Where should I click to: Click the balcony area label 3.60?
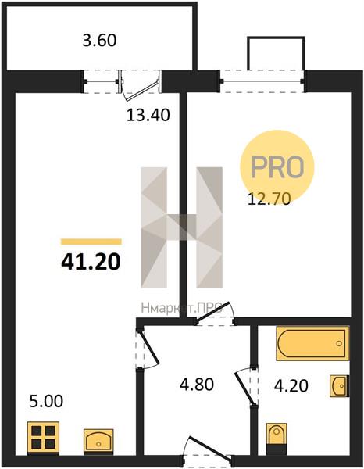pos(99,41)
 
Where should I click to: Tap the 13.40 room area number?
pos(148,115)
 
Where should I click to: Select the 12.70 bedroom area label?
pos(269,199)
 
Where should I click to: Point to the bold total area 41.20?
pos(91,262)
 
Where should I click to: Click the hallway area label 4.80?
pos(197,385)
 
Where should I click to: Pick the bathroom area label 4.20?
pos(291,385)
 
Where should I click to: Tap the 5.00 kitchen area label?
pos(46,402)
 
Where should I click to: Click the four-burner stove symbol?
pos(43,438)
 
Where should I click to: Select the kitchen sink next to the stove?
pos(98,442)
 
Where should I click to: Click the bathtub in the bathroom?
pos(312,343)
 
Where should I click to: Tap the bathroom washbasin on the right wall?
pos(340,386)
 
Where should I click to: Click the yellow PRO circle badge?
pos(277,167)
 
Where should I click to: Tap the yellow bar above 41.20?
pos(91,242)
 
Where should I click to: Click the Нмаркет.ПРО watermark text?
pos(181,309)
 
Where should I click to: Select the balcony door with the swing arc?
pos(140,87)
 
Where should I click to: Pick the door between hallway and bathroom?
pos(246,386)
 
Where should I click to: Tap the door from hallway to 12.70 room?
pos(214,313)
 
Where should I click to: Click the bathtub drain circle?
pos(339,343)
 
